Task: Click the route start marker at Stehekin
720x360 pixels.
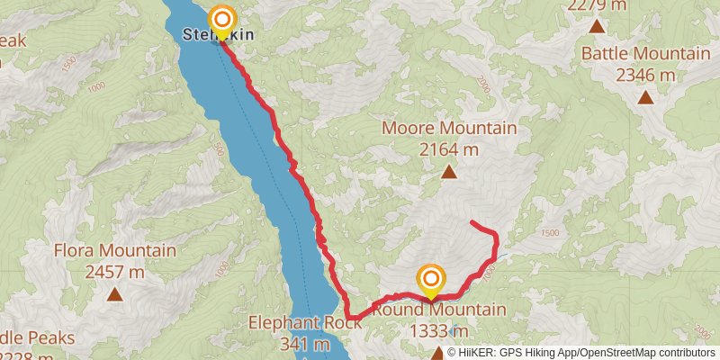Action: pos(221,19)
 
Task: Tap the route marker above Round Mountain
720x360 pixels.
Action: pos(431,278)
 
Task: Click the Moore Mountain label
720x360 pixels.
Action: pos(449,128)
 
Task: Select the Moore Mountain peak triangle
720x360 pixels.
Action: pos(448,171)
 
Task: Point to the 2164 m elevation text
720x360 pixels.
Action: pos(449,148)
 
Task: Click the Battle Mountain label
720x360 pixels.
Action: pos(645,53)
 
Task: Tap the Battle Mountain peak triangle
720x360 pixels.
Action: pos(645,97)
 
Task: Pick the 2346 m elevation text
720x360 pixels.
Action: pos(645,75)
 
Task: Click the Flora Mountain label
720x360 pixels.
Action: pos(114,250)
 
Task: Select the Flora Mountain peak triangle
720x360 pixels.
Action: pos(114,293)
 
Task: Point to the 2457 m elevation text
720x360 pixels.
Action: pos(114,271)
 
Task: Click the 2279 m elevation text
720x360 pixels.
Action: pos(597,5)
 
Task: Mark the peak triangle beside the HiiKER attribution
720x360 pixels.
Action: pos(438,353)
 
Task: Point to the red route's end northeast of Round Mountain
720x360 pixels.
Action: pos(473,221)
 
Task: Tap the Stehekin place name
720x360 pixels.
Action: pos(219,35)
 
